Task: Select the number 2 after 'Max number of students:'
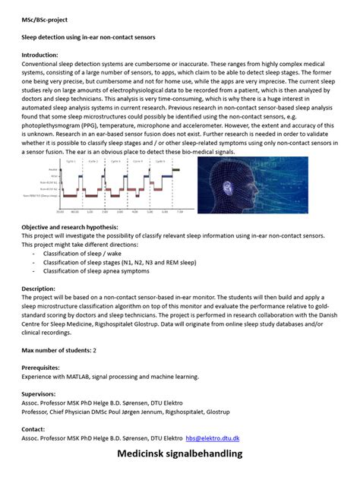(95, 350)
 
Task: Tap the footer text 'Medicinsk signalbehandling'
(179, 454)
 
